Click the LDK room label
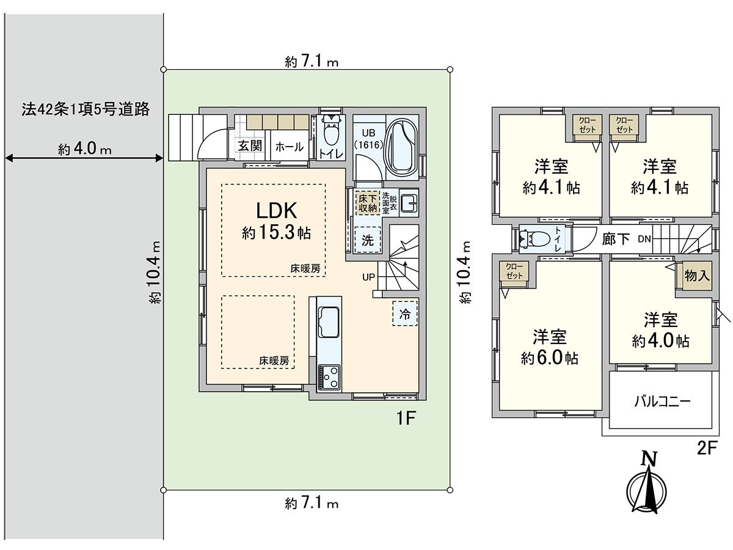click(275, 211)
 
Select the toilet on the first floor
click(330, 132)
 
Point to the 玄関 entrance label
click(250, 147)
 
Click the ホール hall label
click(289, 147)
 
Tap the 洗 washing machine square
click(367, 240)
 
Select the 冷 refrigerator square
click(405, 314)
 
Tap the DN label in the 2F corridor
click(644, 239)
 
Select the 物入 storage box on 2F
click(697, 276)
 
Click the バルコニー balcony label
click(662, 402)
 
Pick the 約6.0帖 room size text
click(550, 358)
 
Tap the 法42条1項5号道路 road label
click(85, 110)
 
